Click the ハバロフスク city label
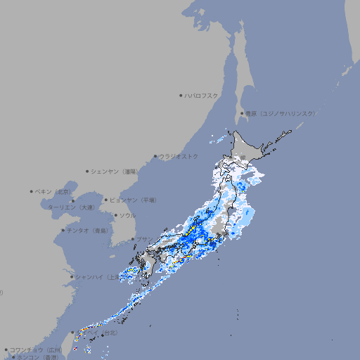(202, 96)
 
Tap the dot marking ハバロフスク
(181, 96)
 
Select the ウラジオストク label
(179, 156)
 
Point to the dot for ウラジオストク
(156, 156)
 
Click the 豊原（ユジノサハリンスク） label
(281, 113)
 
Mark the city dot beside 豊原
(242, 113)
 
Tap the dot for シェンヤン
(88, 171)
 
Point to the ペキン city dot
(32, 191)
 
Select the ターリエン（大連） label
(71, 207)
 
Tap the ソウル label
(127, 215)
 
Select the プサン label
(143, 239)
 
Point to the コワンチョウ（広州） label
(35, 349)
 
